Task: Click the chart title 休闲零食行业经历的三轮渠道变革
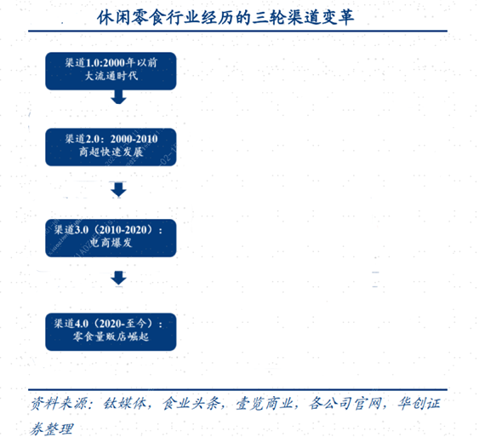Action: coord(225,17)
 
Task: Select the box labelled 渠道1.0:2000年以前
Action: coord(111,71)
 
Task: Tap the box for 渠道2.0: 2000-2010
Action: coord(111,147)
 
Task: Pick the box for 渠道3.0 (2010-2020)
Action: coord(111,238)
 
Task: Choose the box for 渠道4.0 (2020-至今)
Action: coord(111,332)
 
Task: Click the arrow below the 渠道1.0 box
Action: coord(118,97)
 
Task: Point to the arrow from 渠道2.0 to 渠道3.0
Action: coord(118,190)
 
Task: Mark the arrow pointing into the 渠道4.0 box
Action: coord(118,278)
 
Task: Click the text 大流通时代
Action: coord(111,76)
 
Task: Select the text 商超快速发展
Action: coord(111,152)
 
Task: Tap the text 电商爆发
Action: coord(111,243)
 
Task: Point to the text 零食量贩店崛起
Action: coord(111,336)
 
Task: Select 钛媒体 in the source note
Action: coord(124,404)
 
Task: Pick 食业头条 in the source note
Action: coord(191,404)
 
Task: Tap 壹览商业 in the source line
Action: coord(265,404)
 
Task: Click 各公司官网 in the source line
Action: coord(345,404)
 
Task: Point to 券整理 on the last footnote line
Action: coord(51,428)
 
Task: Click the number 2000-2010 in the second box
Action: coord(134,139)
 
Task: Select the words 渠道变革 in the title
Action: coord(320,17)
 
